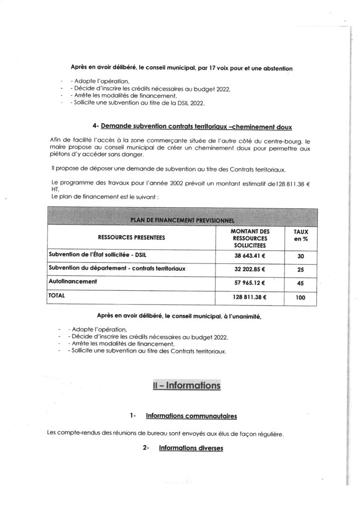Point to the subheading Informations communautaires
tap(191, 415)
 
